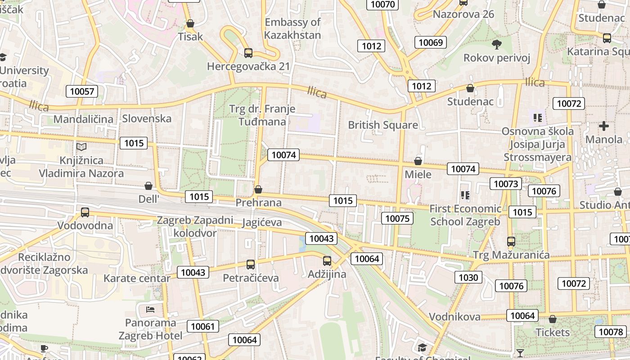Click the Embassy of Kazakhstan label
point(292,28)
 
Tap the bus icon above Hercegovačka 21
point(248,53)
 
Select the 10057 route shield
point(82,91)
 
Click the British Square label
point(383,125)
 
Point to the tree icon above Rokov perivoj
point(497,44)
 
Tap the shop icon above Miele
point(418,161)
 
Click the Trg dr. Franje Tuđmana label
point(262,115)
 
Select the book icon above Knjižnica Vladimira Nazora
point(81,147)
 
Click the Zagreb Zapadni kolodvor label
point(195,226)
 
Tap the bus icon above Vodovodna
point(85,212)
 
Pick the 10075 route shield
point(397,218)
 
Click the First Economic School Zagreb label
point(465,215)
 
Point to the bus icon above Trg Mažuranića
point(511,242)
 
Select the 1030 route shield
point(468,277)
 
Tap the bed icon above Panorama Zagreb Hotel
point(150,310)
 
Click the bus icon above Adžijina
point(327,261)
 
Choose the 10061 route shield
point(203,326)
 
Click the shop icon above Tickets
point(553,319)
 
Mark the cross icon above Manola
point(604,126)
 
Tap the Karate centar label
point(137,278)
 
